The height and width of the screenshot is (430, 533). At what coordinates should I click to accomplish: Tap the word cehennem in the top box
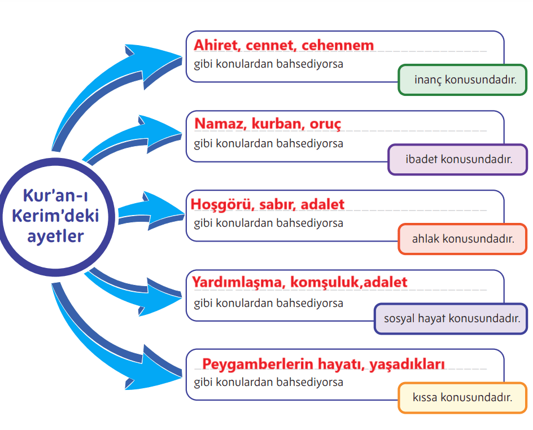click(x=338, y=45)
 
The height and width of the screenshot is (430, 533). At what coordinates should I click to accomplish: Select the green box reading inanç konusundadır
click(x=462, y=80)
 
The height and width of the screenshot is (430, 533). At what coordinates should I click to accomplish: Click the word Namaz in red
click(x=221, y=124)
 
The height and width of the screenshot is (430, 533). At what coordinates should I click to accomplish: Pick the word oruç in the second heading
click(x=325, y=124)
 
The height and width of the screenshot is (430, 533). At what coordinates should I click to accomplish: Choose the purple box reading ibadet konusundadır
click(x=457, y=159)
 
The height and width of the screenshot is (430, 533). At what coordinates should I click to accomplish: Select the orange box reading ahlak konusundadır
click(x=462, y=239)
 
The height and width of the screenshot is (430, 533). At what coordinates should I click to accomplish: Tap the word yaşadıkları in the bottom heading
click(x=407, y=365)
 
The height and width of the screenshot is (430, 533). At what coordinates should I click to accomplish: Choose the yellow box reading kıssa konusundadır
click(x=462, y=398)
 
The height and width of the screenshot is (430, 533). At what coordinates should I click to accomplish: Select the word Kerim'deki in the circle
click(x=55, y=216)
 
